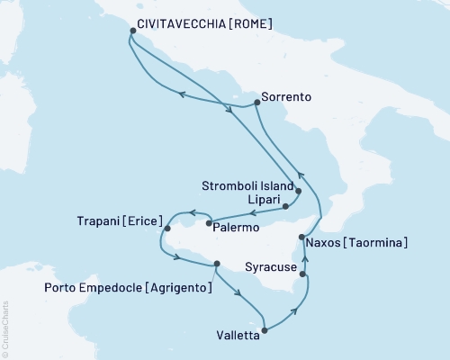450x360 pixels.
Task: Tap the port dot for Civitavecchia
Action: tap(132, 31)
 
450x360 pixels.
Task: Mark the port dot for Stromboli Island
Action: tap(298, 192)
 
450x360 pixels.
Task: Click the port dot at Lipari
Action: tap(285, 206)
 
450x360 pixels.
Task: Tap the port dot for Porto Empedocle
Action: tap(216, 264)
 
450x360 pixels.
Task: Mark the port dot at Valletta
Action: tap(263, 329)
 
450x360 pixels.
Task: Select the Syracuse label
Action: tap(269, 267)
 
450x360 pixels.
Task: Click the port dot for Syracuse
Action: tap(303, 274)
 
